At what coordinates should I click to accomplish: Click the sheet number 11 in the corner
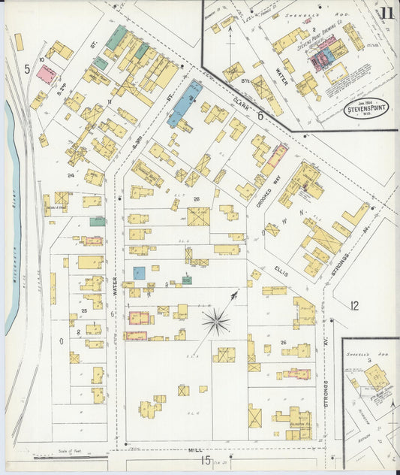(386, 13)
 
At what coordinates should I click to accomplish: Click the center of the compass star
(215, 322)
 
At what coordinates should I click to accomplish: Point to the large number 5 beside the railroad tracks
(26, 69)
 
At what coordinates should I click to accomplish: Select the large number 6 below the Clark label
(260, 116)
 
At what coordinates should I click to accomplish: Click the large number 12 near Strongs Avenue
(354, 305)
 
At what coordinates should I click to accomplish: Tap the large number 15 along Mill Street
(206, 461)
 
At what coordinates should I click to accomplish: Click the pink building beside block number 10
(47, 73)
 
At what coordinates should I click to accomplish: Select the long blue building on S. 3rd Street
(184, 104)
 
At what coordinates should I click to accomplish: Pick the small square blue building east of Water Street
(139, 273)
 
